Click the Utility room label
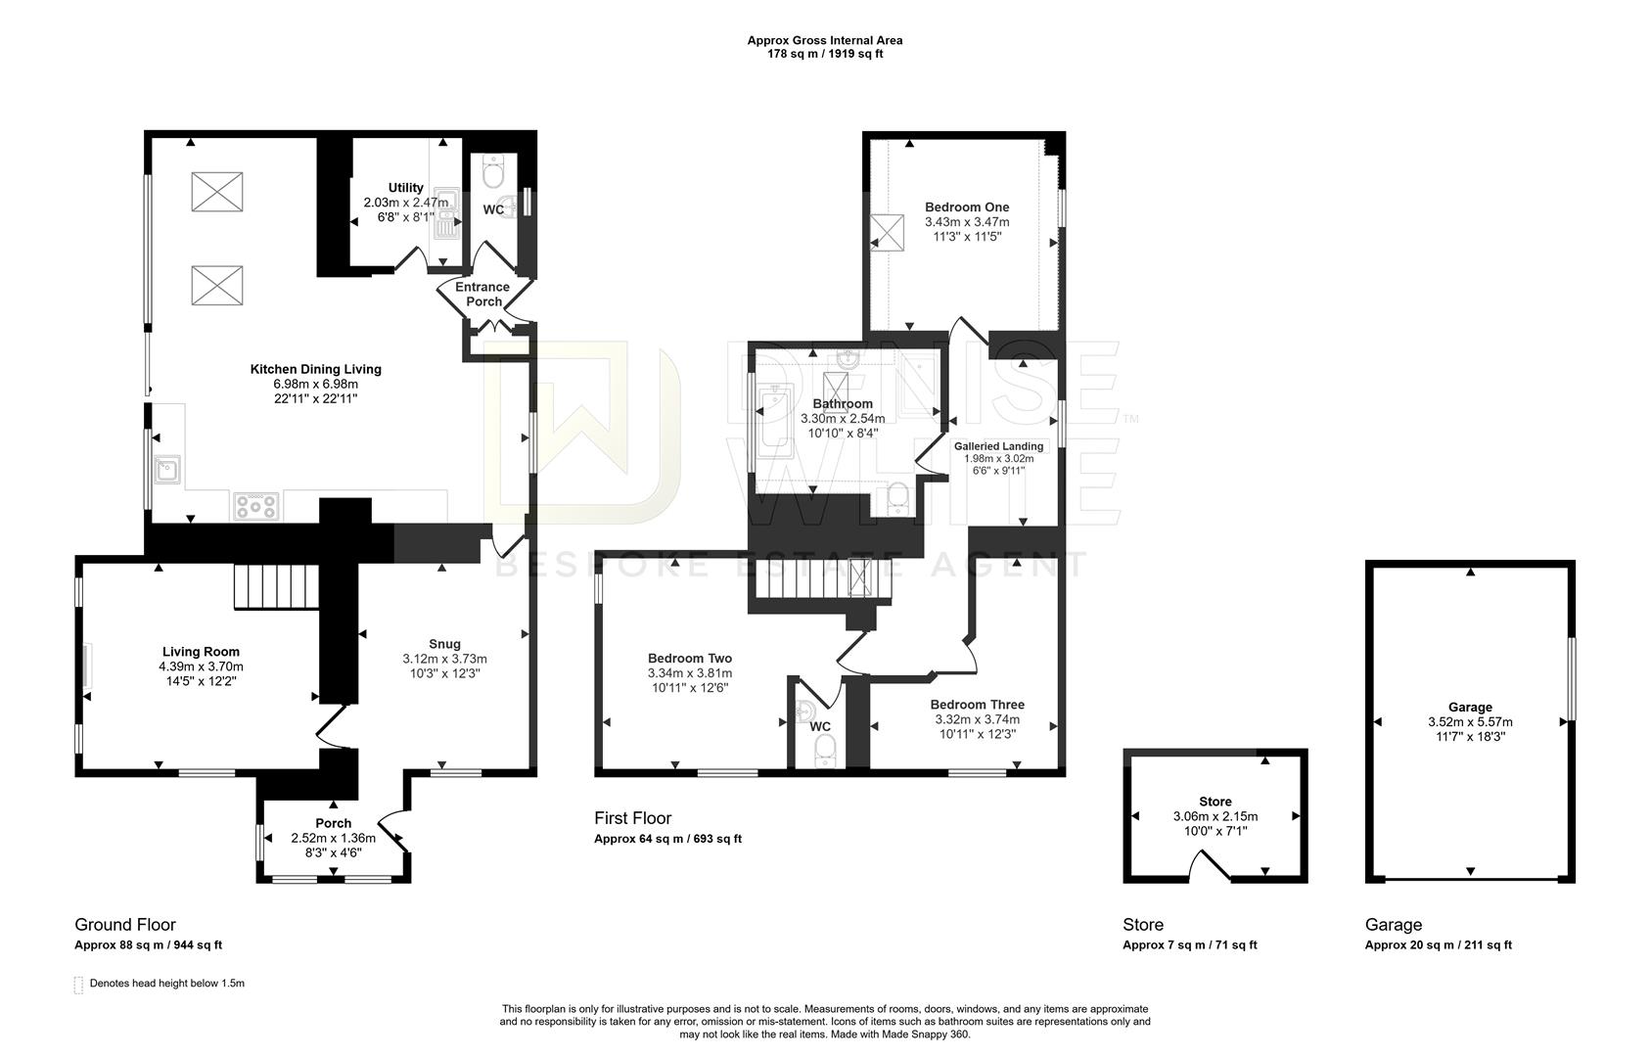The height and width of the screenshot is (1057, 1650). coord(405,188)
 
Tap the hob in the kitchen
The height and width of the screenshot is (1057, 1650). coord(256,506)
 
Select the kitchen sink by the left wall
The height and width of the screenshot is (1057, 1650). coord(167,470)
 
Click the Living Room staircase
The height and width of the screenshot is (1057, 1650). coord(276,585)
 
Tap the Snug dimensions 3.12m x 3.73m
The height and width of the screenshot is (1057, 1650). coord(444,659)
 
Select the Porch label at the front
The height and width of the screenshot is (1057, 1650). coord(333,823)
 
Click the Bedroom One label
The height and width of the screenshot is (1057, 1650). coord(967,207)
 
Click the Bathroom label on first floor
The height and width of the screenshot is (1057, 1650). coord(843,403)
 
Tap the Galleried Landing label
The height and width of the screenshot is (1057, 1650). coord(998,446)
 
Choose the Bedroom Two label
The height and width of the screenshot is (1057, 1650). coord(690,659)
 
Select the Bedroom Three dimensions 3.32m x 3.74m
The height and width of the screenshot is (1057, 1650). coord(977,719)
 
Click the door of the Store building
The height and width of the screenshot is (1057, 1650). coord(1214,866)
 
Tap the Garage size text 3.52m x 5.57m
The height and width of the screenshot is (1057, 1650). coord(1470,722)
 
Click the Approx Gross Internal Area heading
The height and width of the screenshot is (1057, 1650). coord(824,40)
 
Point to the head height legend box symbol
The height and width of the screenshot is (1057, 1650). coord(78,985)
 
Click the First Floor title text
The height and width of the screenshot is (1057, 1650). coord(632,817)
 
